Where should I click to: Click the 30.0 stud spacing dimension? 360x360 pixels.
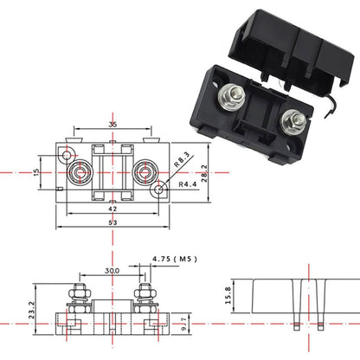(111, 270)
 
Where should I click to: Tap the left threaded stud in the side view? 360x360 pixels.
(79, 292)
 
